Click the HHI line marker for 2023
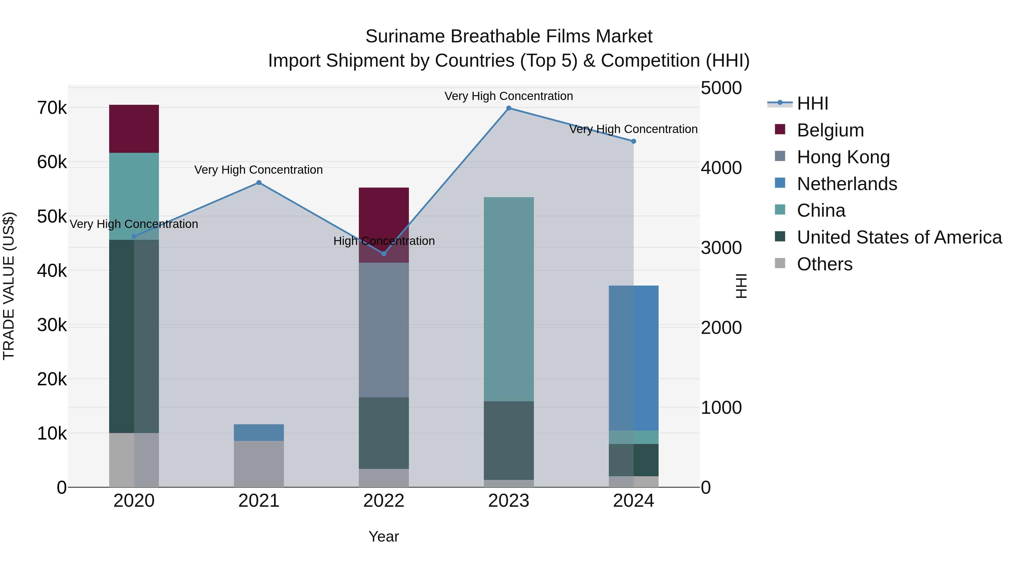click(509, 108)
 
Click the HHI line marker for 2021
click(259, 182)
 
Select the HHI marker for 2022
click(384, 253)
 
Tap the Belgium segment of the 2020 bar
click(134, 129)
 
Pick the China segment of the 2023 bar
click(509, 299)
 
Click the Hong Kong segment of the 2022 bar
click(384, 330)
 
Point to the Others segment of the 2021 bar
click(259, 464)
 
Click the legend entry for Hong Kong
click(843, 157)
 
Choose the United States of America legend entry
click(899, 237)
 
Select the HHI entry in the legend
click(812, 103)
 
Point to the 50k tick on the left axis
click(52, 216)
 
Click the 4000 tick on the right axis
click(721, 168)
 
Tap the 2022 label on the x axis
click(384, 501)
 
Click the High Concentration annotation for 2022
click(384, 241)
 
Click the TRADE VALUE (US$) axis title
click(9, 286)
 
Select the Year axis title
click(384, 536)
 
